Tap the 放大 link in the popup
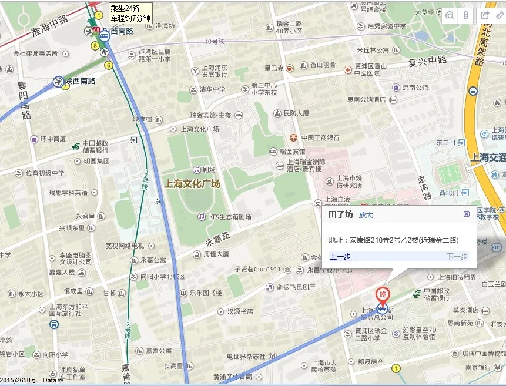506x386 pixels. [x=366, y=215]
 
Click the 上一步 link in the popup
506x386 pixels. [x=340, y=256]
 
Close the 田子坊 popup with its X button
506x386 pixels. [x=467, y=214]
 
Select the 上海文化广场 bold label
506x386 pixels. [x=192, y=184]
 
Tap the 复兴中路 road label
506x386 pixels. [x=428, y=61]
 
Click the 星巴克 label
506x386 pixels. [x=274, y=68]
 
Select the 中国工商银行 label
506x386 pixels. [x=320, y=138]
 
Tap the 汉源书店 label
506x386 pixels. [x=240, y=311]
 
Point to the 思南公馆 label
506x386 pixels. [x=415, y=88]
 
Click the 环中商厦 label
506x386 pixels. [x=53, y=139]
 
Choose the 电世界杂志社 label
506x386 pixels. [x=246, y=356]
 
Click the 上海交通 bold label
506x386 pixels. [x=488, y=157]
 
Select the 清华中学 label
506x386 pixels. [x=212, y=89]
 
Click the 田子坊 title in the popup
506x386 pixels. [x=341, y=215]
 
